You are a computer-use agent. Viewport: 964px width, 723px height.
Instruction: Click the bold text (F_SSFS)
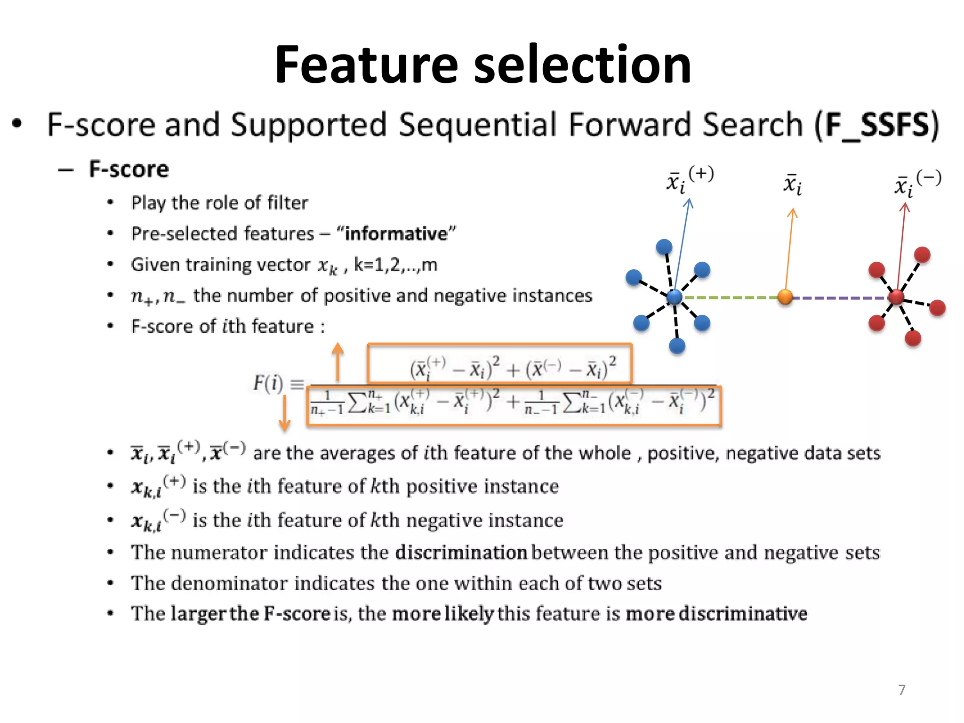click(x=877, y=125)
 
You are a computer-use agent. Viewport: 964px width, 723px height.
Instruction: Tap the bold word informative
click(x=396, y=234)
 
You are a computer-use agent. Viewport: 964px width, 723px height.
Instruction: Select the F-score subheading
click(x=129, y=169)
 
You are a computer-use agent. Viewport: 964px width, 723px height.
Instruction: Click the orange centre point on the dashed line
click(x=785, y=297)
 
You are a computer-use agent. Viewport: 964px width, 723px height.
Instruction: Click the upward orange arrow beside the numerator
click(x=337, y=361)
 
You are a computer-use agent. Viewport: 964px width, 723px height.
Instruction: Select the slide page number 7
click(x=901, y=690)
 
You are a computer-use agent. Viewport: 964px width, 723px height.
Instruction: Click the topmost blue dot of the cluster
click(x=664, y=247)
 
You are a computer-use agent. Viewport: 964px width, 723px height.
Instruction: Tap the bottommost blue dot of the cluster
click(x=677, y=346)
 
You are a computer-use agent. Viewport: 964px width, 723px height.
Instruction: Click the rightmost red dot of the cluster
click(x=938, y=308)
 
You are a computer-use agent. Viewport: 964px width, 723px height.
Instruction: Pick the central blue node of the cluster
click(x=675, y=297)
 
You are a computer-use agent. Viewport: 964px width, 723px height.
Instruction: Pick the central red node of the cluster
click(x=896, y=297)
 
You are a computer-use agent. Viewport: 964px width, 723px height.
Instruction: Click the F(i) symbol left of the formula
click(x=268, y=383)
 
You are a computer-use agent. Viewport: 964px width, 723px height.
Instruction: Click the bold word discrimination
click(x=461, y=553)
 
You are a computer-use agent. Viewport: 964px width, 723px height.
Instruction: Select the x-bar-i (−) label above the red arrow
click(x=917, y=184)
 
